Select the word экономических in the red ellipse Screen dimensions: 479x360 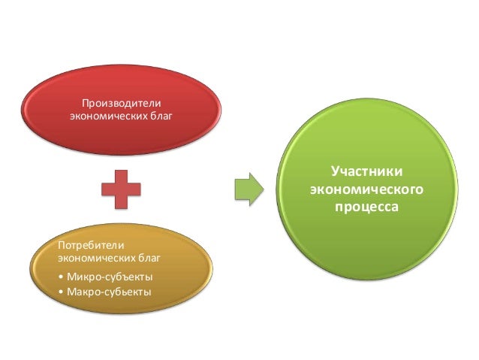click(x=104, y=116)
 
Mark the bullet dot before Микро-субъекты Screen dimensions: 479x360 click(x=61, y=277)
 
